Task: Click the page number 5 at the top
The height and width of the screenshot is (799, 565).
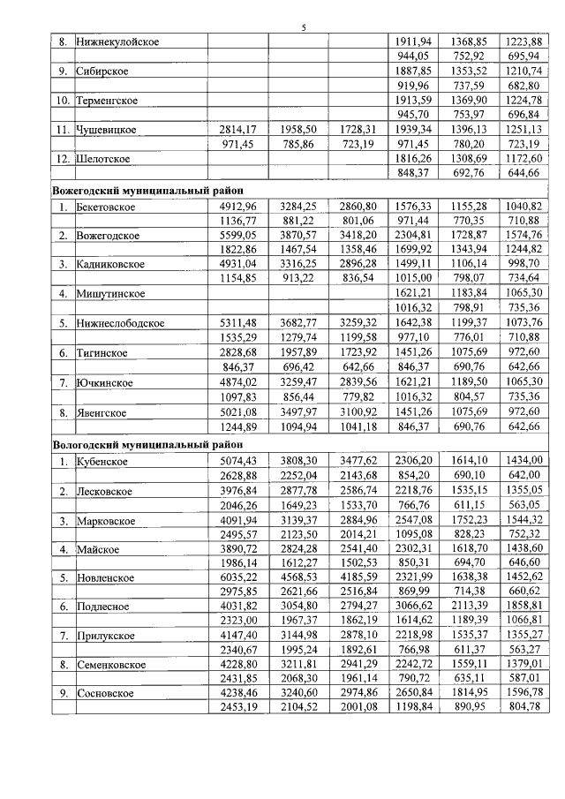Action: click(x=303, y=27)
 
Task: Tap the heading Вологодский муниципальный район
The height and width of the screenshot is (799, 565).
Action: click(x=147, y=445)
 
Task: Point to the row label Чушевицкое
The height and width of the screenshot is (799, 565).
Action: click(x=107, y=129)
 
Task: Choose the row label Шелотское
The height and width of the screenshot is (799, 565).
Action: click(x=103, y=158)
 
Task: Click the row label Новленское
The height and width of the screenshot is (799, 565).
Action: click(x=104, y=577)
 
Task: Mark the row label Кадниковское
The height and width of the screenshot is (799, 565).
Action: click(x=112, y=263)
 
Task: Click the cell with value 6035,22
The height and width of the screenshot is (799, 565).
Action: click(x=237, y=577)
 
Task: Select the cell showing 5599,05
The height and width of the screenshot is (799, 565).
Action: click(x=237, y=234)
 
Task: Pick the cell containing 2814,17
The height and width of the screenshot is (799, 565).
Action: click(x=237, y=129)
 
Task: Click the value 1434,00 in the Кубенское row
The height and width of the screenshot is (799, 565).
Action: click(x=524, y=460)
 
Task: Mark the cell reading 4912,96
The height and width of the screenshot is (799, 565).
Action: click(x=237, y=205)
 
